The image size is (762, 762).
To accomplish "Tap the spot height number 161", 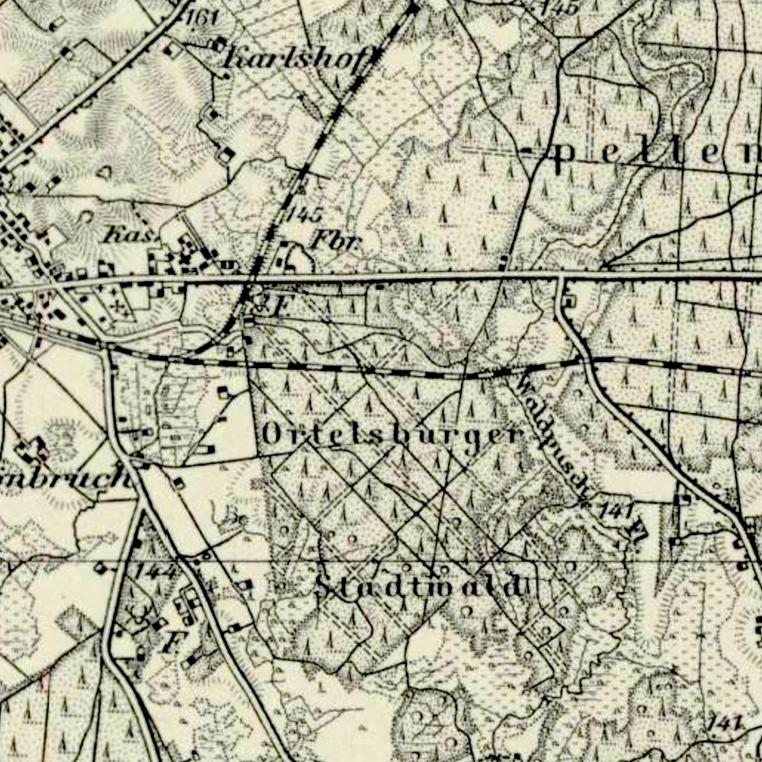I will pyautogui.click(x=200, y=17).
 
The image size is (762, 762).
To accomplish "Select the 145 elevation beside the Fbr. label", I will pyautogui.click(x=304, y=214).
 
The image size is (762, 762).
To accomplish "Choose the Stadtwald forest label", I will pyautogui.click(x=420, y=587).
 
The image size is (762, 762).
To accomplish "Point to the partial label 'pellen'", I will pyautogui.click(x=655, y=154).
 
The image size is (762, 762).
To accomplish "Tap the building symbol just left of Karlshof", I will pyautogui.click(x=220, y=43).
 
